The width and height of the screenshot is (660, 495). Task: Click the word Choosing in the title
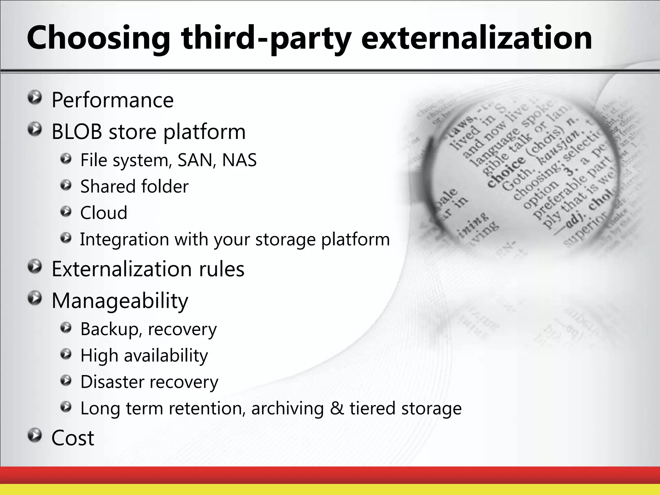[98, 39]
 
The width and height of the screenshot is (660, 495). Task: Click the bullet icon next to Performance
[34, 97]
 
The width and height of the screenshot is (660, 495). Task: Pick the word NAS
[239, 160]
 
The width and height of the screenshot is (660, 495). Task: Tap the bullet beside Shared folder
[66, 185]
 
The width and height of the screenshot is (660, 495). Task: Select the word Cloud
[103, 213]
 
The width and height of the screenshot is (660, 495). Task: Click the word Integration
[124, 239]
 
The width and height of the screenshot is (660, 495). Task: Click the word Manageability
[120, 301]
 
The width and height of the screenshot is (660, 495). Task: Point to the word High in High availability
[99, 356]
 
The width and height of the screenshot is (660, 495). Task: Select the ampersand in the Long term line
[337, 408]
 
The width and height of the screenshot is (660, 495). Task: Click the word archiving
[287, 409]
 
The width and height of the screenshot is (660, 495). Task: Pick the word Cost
[73, 438]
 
